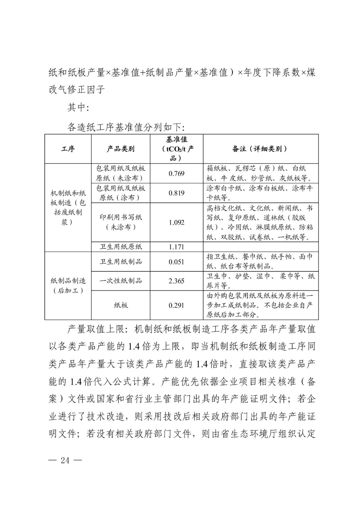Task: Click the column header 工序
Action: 68,149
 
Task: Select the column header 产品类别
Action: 121,149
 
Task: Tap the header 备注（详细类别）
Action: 260,149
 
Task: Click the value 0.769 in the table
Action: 176,173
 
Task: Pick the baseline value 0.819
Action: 176,193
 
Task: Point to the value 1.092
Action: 176,222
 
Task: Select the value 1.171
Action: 176,247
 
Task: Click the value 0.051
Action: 176,262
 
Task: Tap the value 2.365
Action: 176,281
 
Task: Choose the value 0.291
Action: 176,305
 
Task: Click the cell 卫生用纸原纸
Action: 121,247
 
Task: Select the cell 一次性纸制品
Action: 121,281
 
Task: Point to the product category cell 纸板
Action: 121,305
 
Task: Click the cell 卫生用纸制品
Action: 121,262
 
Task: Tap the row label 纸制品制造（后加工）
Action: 68,286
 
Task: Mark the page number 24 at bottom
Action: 65,460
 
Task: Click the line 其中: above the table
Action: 78,107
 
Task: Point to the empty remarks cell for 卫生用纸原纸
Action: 260,247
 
